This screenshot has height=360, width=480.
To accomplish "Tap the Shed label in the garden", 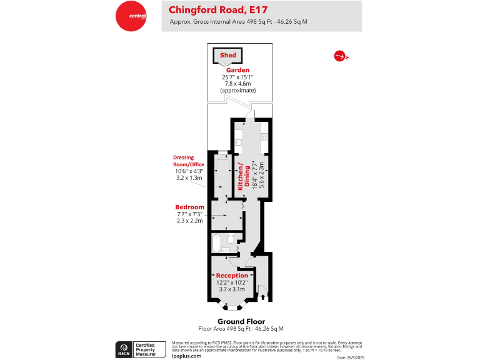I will pyautogui.click(x=228, y=56).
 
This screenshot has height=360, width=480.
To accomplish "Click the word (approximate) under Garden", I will pyautogui.click(x=237, y=91).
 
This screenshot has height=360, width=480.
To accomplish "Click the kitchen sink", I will pyautogui.click(x=239, y=141).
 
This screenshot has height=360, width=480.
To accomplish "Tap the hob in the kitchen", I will pyautogui.click(x=264, y=137).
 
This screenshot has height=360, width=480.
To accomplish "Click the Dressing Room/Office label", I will pyautogui.click(x=184, y=161).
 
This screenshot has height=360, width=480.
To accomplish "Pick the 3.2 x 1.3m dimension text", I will pyautogui.click(x=189, y=177).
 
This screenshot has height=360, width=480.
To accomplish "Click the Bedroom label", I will pyautogui.click(x=189, y=207).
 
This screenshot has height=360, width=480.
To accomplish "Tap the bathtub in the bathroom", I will pyautogui.click(x=217, y=244).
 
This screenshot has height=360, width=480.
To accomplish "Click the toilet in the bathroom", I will pyautogui.click(x=230, y=239).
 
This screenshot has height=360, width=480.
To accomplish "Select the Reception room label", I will pyautogui.click(x=232, y=275).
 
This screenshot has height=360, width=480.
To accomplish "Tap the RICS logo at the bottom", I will pyautogui.click(x=124, y=348).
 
